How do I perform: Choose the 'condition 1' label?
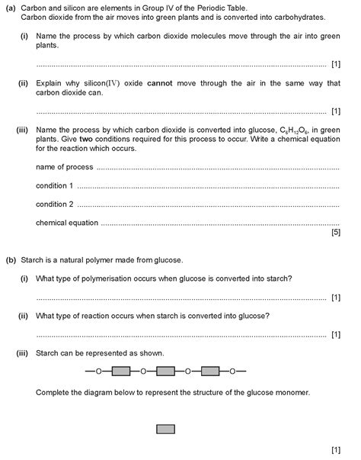tap(55, 185)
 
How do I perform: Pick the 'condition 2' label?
tap(55, 204)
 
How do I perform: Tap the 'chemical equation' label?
tap(67, 223)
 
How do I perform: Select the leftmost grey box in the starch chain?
tap(121, 372)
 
